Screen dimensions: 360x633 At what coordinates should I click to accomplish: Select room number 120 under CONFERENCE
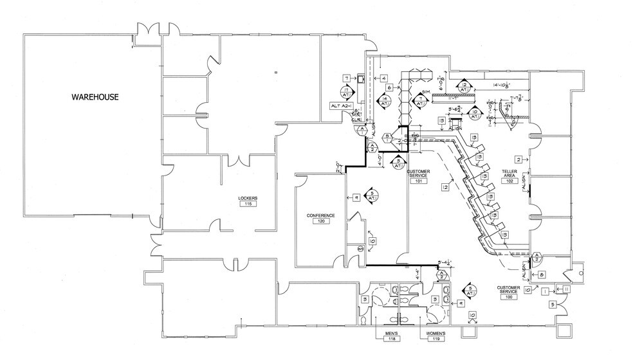click(x=320, y=221)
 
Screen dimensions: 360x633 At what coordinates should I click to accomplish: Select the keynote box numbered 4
click(x=383, y=78)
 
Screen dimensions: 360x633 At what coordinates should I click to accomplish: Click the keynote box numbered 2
click(x=517, y=159)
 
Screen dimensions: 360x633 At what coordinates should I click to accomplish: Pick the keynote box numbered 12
click(x=445, y=187)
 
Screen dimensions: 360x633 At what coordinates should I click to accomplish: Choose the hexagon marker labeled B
click(x=385, y=136)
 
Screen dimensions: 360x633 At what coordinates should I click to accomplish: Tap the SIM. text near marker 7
click(x=426, y=93)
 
